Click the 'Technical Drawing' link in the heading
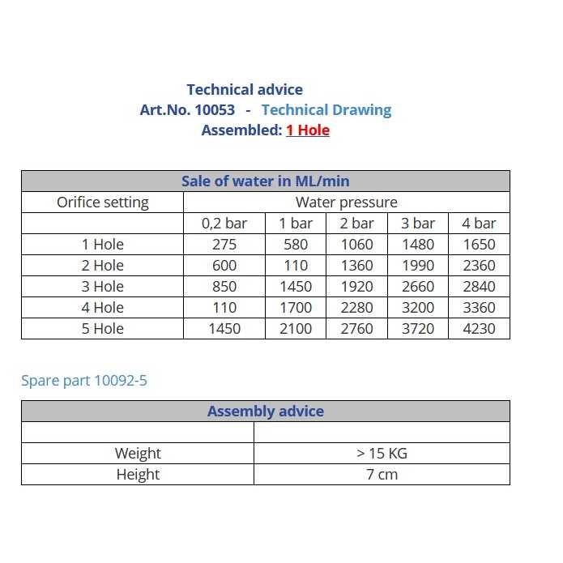326,110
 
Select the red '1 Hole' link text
308,130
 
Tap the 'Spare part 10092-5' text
84,380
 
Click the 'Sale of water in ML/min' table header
265,181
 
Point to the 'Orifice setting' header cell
103,203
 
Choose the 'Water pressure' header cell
346,203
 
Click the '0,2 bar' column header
224,224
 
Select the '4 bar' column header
479,224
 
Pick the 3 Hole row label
103,287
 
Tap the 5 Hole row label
103,329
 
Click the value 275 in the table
224,245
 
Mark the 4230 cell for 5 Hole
479,329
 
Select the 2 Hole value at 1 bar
296,266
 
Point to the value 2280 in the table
356,308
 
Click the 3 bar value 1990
418,266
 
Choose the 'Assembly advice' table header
265,412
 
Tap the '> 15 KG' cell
382,454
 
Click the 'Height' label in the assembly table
138,475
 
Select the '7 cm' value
382,475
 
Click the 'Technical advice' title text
245,90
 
